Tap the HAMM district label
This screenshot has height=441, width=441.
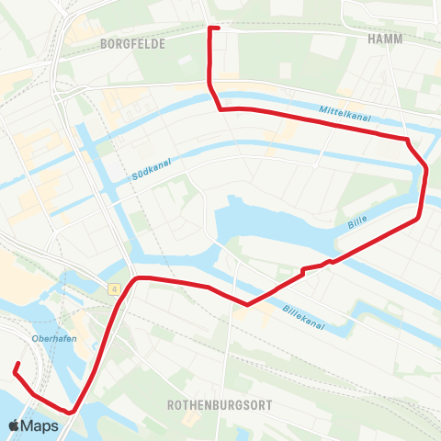(386, 40)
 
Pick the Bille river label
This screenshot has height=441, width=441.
(358, 224)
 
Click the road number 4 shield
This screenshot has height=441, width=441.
(113, 289)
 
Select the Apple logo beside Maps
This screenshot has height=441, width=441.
(15, 425)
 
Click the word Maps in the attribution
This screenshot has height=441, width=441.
(40, 425)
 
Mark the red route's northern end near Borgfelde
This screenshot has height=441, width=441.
(213, 28)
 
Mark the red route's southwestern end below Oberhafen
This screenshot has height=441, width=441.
(16, 366)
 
